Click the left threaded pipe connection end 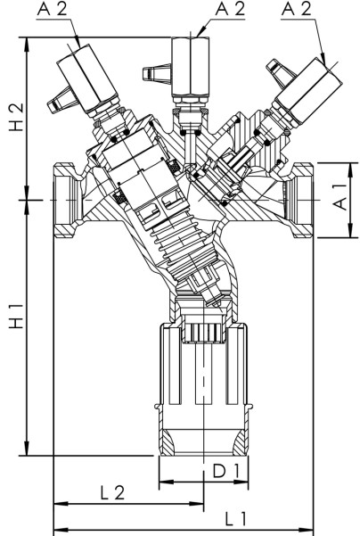[65, 200]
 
